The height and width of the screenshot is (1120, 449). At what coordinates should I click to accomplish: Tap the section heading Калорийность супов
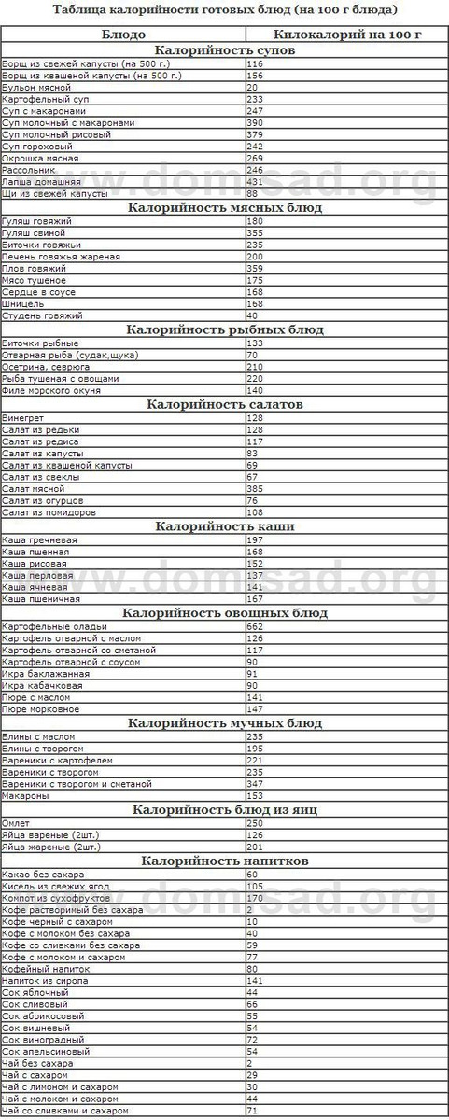pyautogui.click(x=224, y=49)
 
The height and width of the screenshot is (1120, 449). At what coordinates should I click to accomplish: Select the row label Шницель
pyautogui.click(x=21, y=303)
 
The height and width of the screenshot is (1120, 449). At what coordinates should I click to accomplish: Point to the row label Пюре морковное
pyautogui.click(x=36, y=709)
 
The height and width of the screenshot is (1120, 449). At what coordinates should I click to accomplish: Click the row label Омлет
pyautogui.click(x=17, y=823)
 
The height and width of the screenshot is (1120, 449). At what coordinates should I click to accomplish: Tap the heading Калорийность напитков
pyautogui.click(x=224, y=860)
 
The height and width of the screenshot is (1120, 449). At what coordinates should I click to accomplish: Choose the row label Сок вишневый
pyautogui.click(x=31, y=1028)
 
